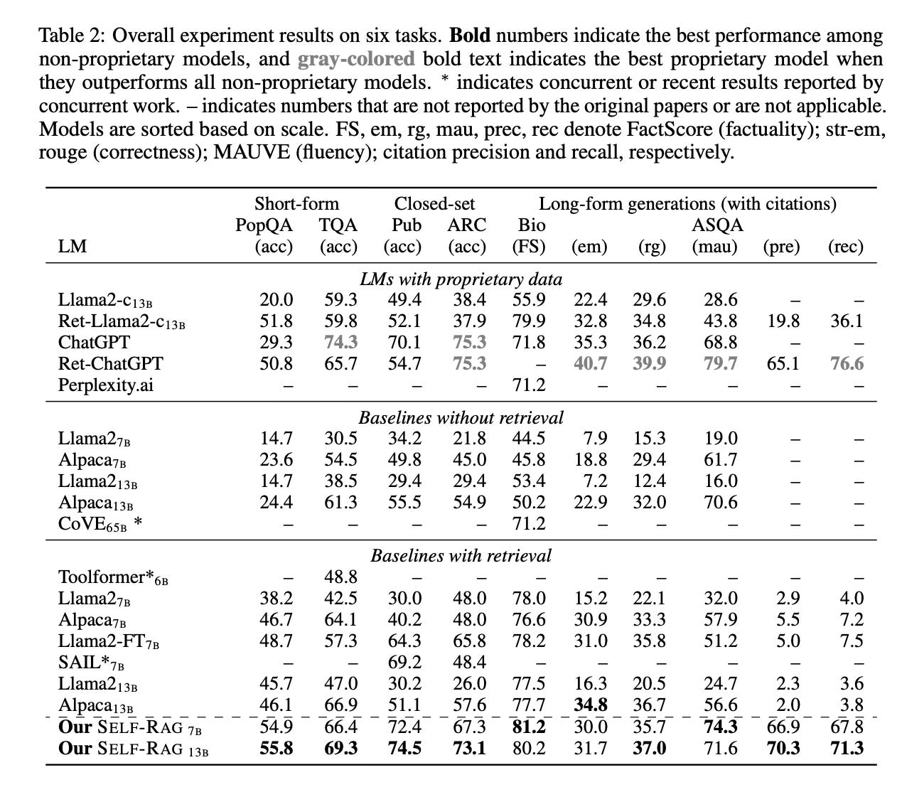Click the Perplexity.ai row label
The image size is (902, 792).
pos(105,385)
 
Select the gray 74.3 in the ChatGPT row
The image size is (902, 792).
pos(340,342)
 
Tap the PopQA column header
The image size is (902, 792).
pos(264,225)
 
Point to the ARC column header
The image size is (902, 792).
pos(467,225)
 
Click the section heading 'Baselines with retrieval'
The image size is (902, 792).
pos(461,555)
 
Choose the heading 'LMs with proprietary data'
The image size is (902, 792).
pos(461,279)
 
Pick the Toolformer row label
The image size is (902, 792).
pos(113,577)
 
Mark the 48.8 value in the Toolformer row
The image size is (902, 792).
pos(340,577)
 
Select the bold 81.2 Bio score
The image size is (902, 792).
pos(529,727)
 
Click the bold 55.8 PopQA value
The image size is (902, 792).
pos(276,748)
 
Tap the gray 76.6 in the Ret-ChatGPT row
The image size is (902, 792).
pos(846,363)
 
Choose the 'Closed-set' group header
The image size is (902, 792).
pos(434,204)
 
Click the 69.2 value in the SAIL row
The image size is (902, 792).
pos(404,662)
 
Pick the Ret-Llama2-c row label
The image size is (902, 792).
pos(122,321)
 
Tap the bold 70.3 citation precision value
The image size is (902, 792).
pos(783,748)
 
